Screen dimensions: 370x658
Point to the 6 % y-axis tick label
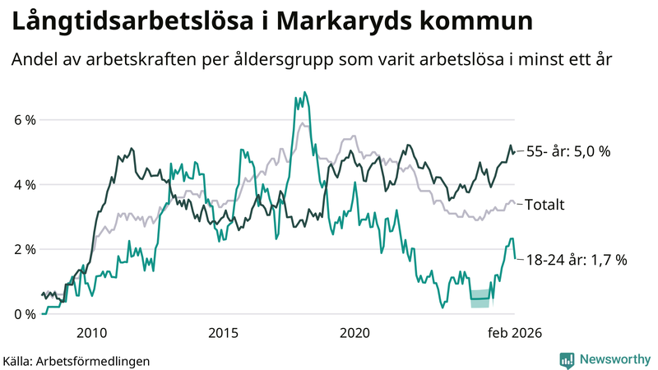pos(25,120)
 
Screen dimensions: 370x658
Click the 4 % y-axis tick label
pos(25,184)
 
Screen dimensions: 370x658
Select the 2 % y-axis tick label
pos(25,249)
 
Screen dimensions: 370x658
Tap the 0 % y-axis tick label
pos(25,313)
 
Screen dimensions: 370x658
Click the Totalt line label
pos(544,205)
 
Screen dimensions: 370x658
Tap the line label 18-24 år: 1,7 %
pos(576,260)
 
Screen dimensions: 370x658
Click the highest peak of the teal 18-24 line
pos(304,93)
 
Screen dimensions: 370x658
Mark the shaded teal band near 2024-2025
pos(480,298)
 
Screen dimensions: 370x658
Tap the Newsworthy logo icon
pos(567,359)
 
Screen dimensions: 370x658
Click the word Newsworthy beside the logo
pos(614,359)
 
